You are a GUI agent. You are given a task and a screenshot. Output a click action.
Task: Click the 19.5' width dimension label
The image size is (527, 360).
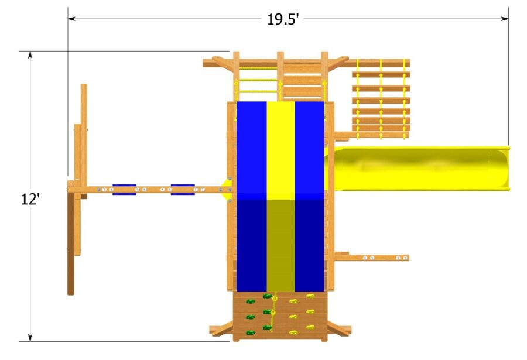tap(283, 19)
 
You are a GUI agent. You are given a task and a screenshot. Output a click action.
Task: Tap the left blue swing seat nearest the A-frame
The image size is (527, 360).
tap(124, 189)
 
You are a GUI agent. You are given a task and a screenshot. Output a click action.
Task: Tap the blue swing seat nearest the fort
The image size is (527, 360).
tap(183, 189)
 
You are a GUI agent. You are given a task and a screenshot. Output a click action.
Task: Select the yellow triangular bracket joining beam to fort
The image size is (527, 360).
tap(225, 190)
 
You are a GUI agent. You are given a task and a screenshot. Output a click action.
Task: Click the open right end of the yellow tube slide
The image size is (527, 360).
tap(504, 169)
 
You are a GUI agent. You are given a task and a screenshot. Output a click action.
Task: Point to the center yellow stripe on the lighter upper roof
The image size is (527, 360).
tap(280, 149)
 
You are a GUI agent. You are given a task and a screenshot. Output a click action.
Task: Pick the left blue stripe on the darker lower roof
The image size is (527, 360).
tap(252, 245)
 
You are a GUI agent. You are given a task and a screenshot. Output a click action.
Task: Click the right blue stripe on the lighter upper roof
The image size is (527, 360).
tap(309, 149)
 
